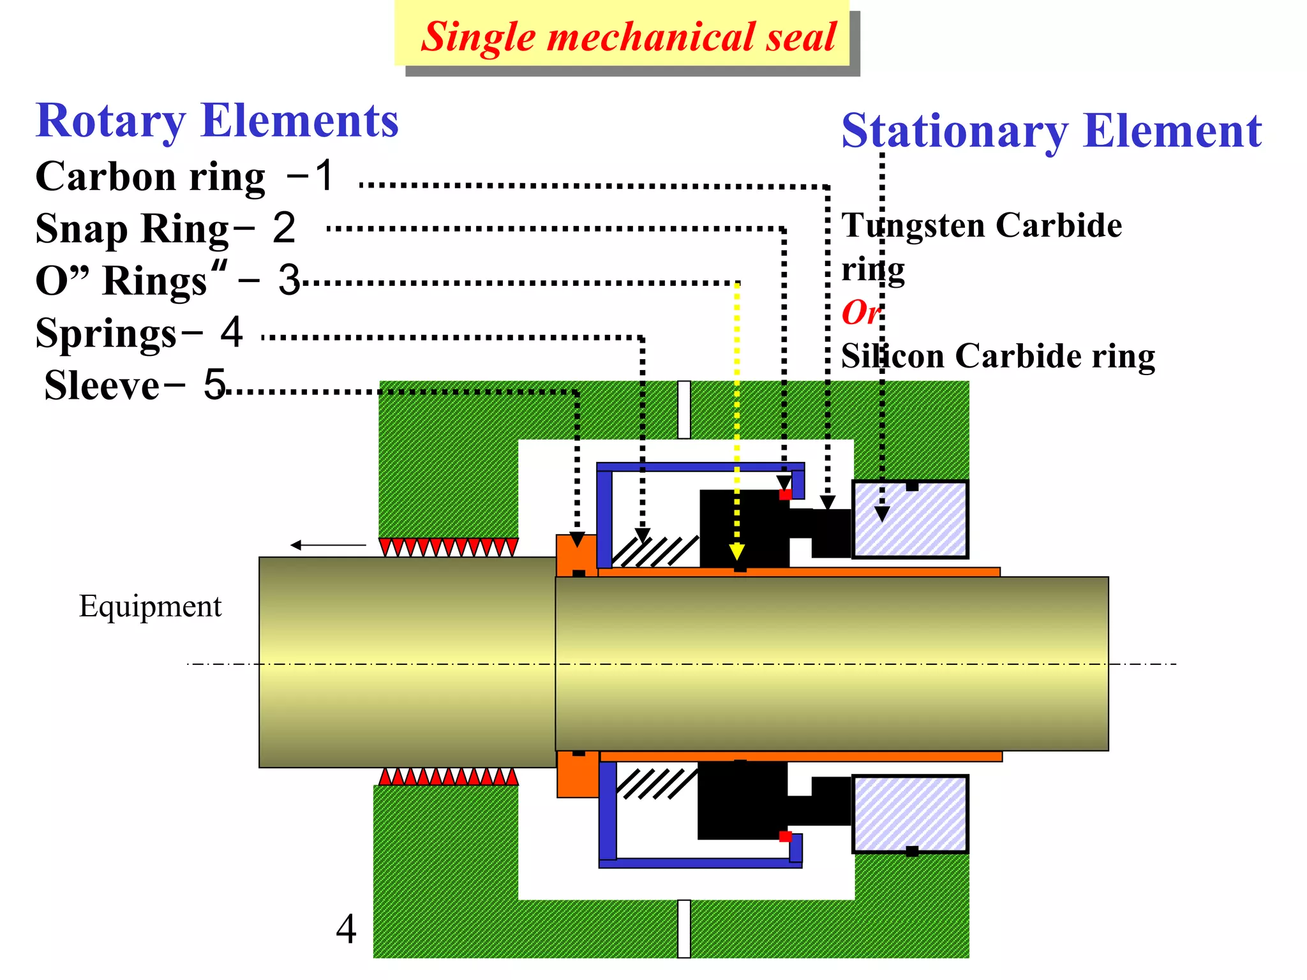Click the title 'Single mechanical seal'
click(x=628, y=36)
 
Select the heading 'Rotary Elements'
click(x=217, y=121)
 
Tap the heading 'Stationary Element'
click(x=1051, y=131)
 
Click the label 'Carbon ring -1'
click(x=185, y=176)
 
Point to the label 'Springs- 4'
click(x=139, y=333)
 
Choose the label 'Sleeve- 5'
click(x=135, y=385)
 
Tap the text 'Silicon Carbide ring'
click(x=997, y=356)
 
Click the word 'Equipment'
click(x=150, y=606)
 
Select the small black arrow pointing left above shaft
click(x=328, y=545)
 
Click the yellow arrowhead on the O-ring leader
click(x=737, y=552)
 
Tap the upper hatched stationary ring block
click(x=910, y=519)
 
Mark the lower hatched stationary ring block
click(x=910, y=814)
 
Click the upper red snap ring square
click(x=786, y=494)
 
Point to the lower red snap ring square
click(x=786, y=836)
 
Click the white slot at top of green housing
click(x=684, y=410)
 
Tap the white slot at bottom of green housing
click(x=684, y=928)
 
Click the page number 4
click(x=346, y=929)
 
